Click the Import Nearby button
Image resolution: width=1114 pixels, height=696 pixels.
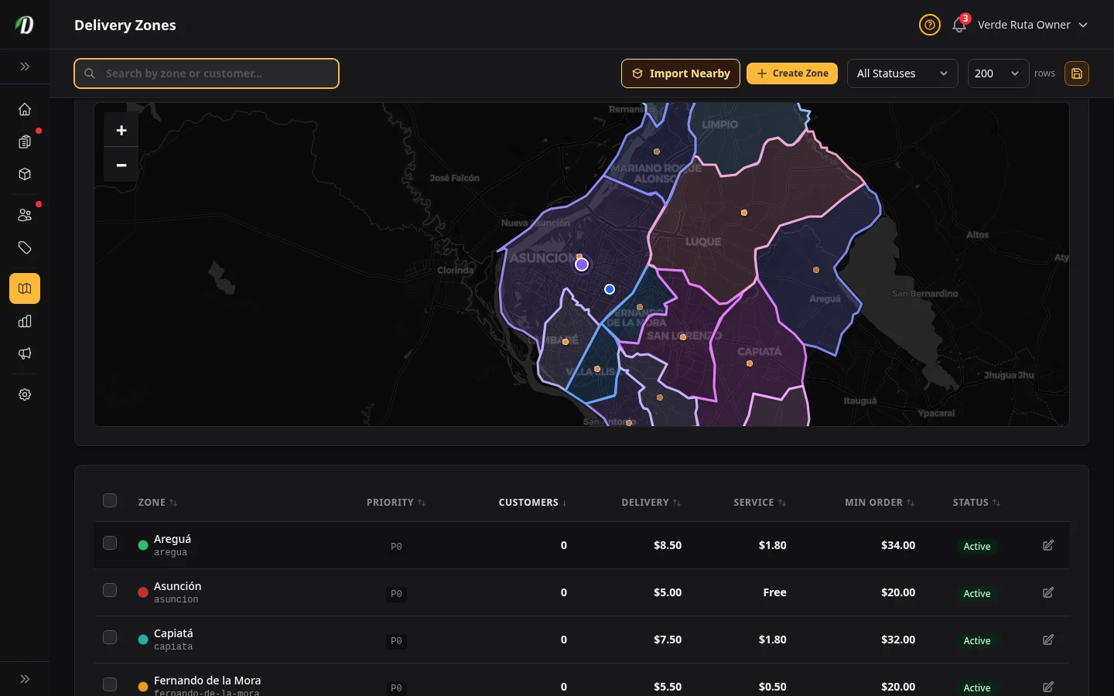[x=680, y=73]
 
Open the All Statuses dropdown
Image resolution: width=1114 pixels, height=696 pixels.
[x=902, y=73]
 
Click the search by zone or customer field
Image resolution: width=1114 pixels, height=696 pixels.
[x=207, y=73]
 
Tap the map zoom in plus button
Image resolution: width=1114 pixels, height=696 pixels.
[x=121, y=131]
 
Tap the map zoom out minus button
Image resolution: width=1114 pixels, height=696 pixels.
[x=121, y=165]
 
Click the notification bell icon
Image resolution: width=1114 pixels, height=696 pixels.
[x=959, y=25]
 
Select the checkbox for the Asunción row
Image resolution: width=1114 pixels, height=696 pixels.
[x=110, y=591]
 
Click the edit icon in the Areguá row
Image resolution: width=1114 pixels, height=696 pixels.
[x=1048, y=545]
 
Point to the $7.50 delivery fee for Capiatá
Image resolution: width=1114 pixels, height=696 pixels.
[x=668, y=640]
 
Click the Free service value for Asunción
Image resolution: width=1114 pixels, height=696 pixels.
[x=774, y=592]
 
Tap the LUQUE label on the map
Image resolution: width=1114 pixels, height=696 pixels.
[x=702, y=242]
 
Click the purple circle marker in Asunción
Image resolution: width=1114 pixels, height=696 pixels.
[x=582, y=264]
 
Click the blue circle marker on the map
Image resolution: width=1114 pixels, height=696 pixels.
[x=610, y=289]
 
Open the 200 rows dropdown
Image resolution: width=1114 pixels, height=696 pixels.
[x=997, y=73]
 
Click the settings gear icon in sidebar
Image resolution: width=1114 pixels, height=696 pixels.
[x=25, y=394]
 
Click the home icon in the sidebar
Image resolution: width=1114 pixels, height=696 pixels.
[x=25, y=109]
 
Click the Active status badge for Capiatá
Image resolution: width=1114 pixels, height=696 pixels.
[x=976, y=640]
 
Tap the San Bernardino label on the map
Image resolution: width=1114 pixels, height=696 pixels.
[x=924, y=294]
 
